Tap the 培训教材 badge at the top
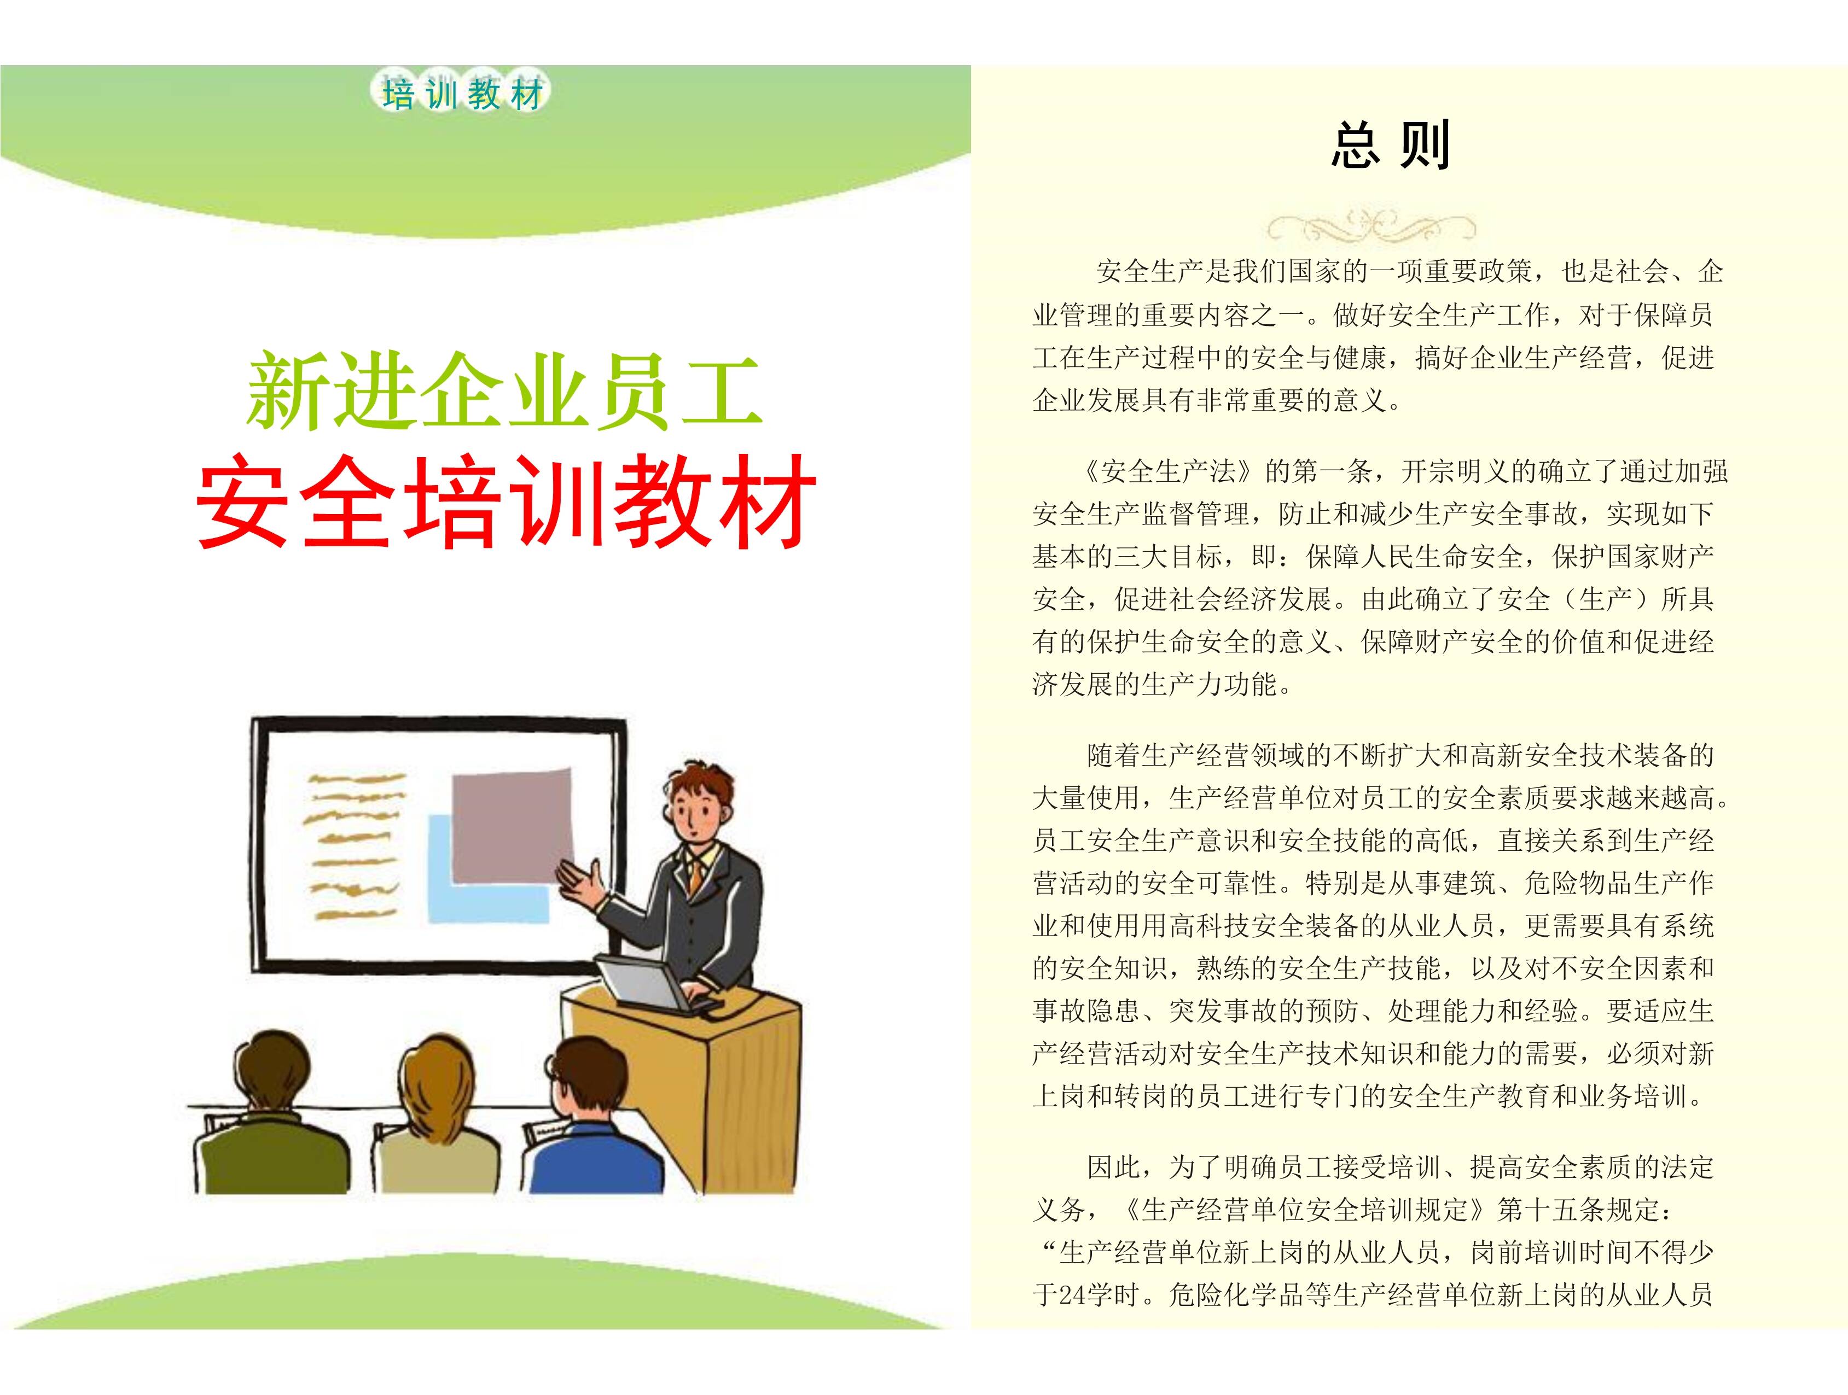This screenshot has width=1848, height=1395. (461, 94)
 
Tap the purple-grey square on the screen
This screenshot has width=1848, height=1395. (512, 825)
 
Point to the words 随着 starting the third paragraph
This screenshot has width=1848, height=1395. (1114, 755)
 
